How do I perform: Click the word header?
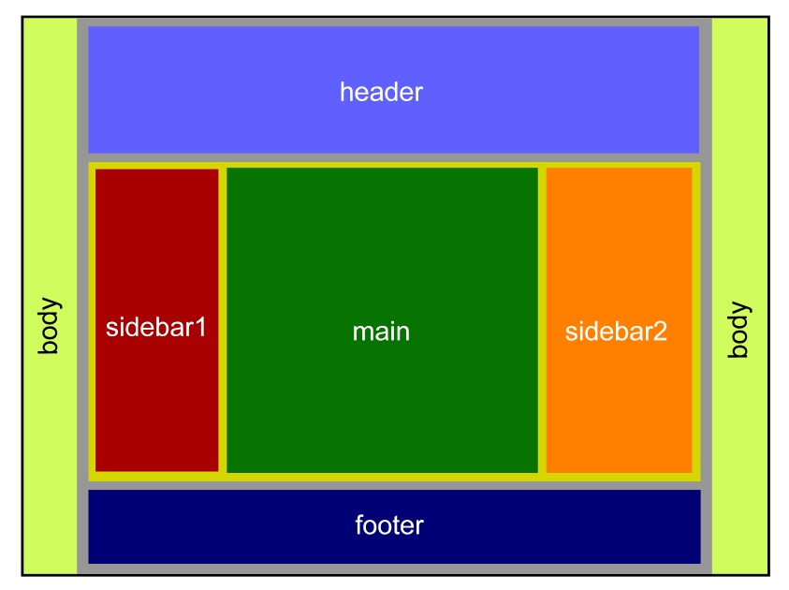[381, 93]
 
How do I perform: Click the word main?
[381, 332]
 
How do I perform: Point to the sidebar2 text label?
[617, 332]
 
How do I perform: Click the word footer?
[389, 524]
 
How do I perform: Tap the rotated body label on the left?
[49, 326]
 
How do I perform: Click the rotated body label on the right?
[739, 329]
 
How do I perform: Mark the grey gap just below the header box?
[393, 158]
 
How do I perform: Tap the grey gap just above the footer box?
[393, 486]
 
